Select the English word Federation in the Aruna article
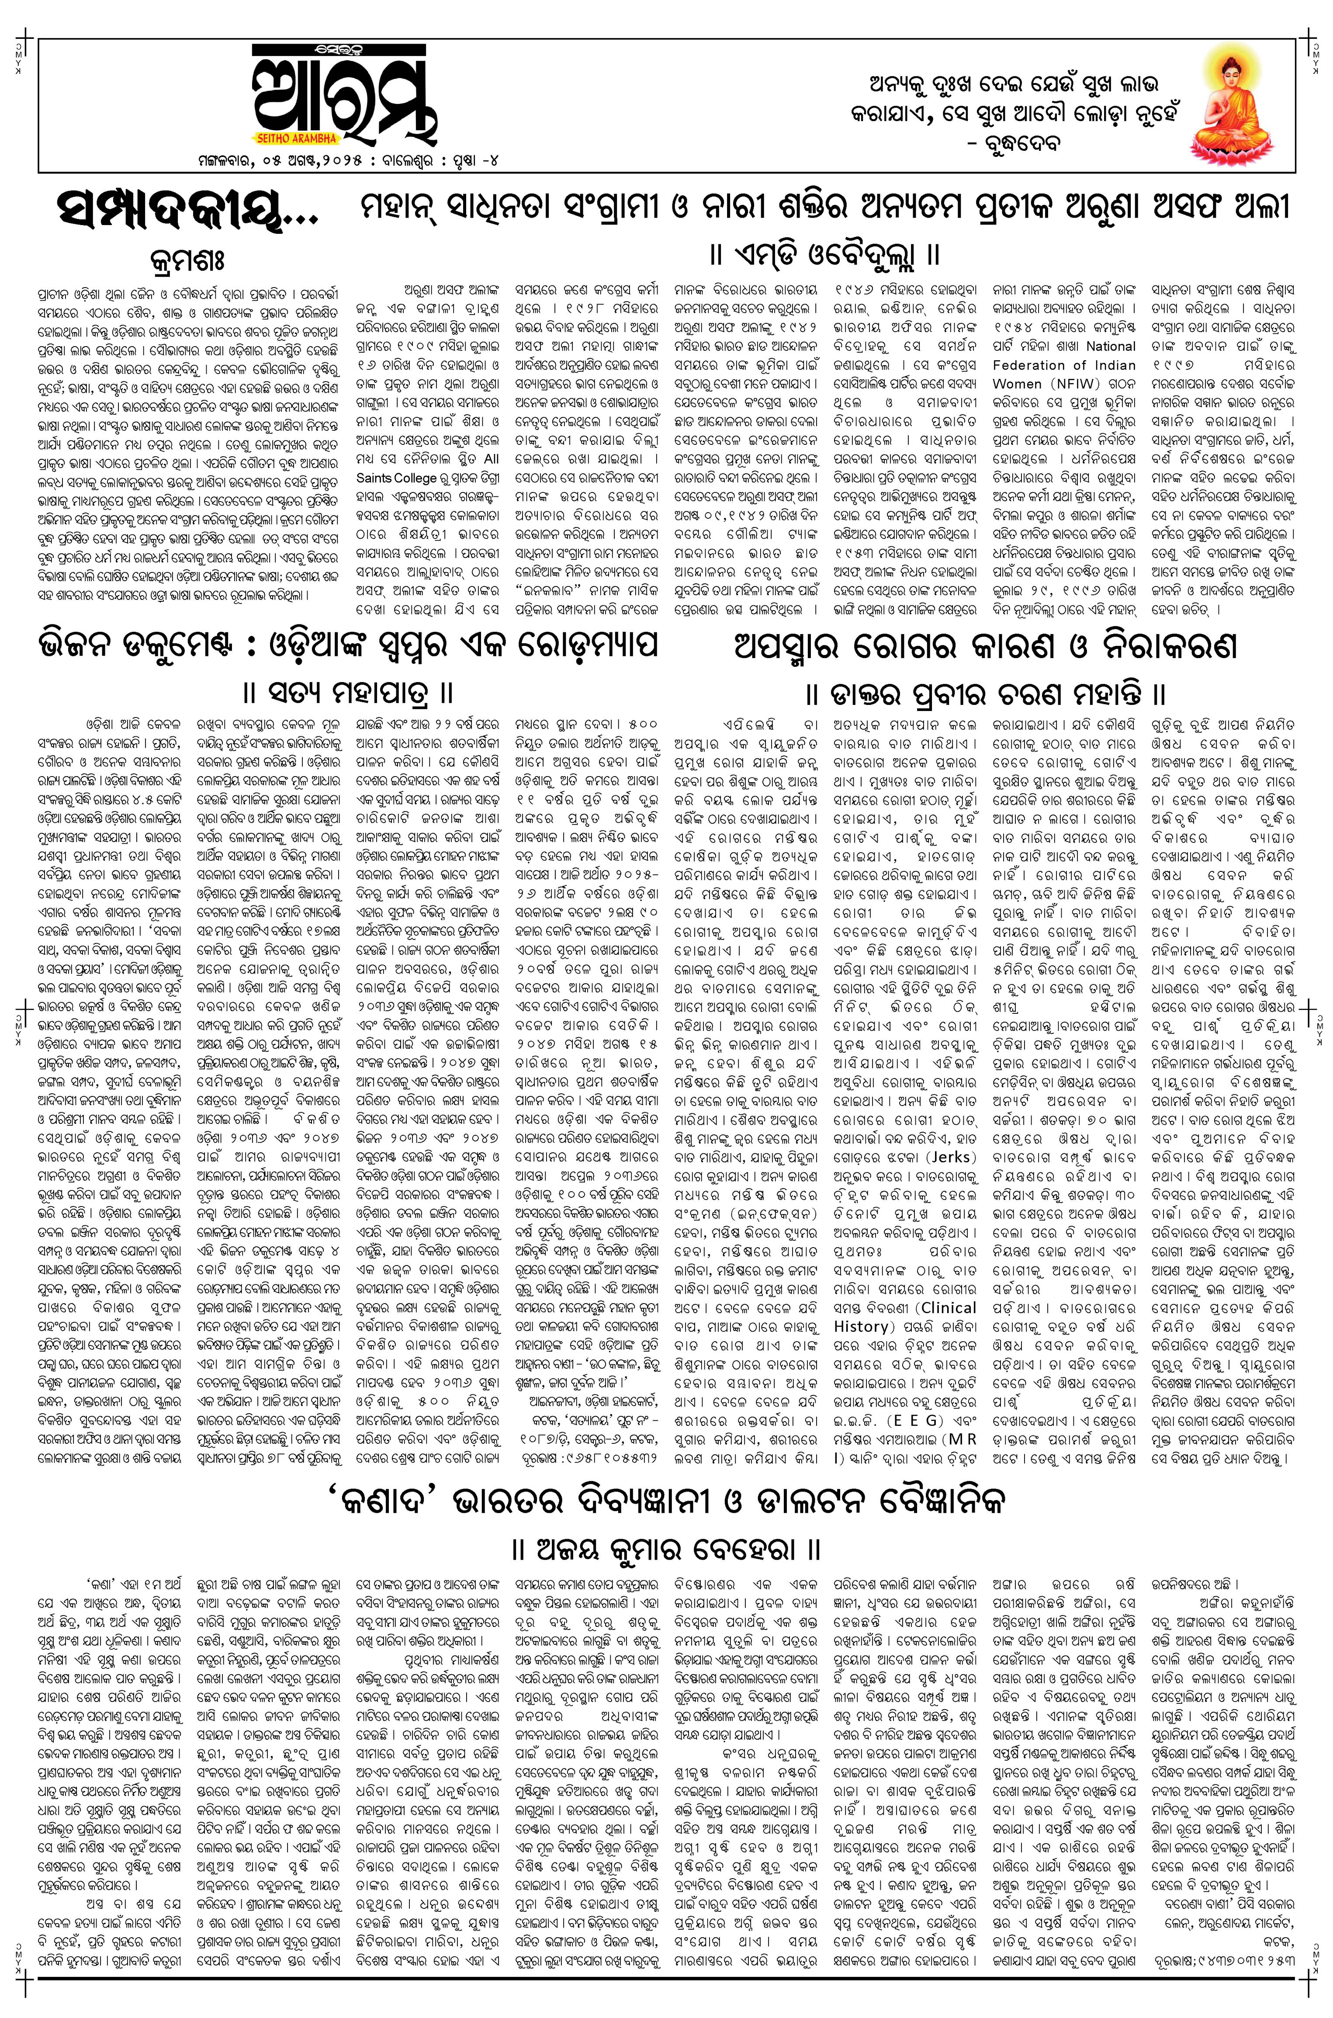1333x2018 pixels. (x=1035, y=365)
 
